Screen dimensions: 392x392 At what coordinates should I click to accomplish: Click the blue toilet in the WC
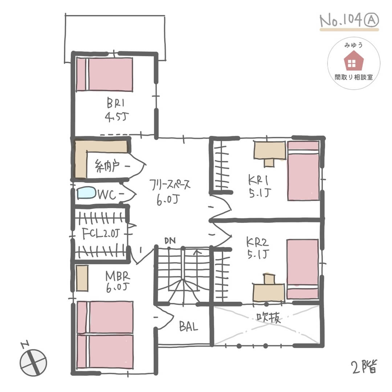pyautogui.click(x=86, y=193)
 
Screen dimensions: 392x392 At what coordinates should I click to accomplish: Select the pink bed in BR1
pyautogui.click(x=105, y=74)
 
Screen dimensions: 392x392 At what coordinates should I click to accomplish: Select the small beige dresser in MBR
pyautogui.click(x=82, y=278)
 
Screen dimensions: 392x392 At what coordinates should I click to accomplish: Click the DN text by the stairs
pyautogui.click(x=170, y=241)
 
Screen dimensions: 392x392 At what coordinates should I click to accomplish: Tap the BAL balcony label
pyautogui.click(x=188, y=327)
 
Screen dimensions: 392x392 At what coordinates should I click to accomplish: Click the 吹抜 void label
pyautogui.click(x=268, y=318)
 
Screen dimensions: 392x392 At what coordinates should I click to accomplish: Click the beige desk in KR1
pyautogui.click(x=269, y=153)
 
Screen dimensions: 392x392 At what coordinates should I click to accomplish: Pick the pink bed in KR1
pyautogui.click(x=303, y=171)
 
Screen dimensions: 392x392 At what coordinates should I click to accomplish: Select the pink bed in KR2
pyautogui.click(x=302, y=269)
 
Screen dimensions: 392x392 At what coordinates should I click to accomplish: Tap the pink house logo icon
pyautogui.click(x=354, y=61)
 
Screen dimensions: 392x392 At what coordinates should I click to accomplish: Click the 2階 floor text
pyautogui.click(x=364, y=367)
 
